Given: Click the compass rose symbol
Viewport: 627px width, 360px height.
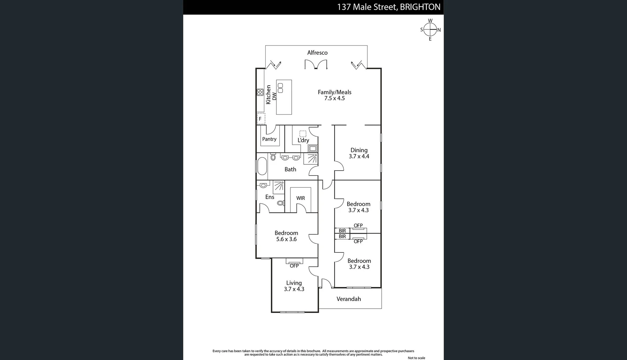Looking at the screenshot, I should coord(430,30).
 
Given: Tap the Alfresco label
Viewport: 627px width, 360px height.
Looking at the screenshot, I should coord(317,53).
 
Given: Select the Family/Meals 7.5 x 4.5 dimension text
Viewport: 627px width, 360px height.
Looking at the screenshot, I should coord(334,98).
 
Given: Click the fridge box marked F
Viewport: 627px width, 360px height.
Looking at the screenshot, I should coord(261,119).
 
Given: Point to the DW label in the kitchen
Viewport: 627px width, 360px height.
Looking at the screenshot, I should coord(274,96).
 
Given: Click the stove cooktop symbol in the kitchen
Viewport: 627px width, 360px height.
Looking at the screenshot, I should coord(260,92).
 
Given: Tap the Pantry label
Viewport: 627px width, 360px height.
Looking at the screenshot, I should coord(269,139).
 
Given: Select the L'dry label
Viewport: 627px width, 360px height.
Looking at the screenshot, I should coord(303,140).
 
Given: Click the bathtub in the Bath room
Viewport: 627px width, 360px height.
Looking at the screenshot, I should coord(262,166).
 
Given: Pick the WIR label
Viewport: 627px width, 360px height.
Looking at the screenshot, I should coord(300,198).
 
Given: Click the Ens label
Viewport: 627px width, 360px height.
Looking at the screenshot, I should coord(270,197).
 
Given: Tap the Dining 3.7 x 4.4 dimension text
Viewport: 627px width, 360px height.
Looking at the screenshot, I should coord(359,156).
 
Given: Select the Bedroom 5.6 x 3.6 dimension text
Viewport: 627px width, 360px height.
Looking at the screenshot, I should coord(286,239).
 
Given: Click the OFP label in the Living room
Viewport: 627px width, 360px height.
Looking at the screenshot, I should coord(294,266).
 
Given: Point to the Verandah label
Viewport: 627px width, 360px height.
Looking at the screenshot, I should coord(349,299).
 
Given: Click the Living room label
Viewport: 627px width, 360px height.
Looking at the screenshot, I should coord(294,283).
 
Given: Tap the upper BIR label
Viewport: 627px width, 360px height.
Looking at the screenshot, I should coord(342,231).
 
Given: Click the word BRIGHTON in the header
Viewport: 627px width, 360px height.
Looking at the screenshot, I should coord(420,7).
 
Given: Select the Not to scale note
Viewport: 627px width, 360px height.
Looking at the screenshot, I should coord(416,358).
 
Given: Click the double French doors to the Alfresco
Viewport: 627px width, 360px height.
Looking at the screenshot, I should coord(316,65).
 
